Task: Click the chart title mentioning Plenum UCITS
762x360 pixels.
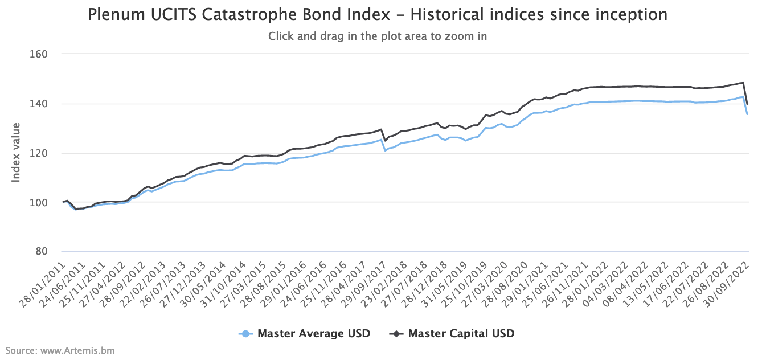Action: pyautogui.click(x=378, y=14)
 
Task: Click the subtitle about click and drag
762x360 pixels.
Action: pyautogui.click(x=378, y=36)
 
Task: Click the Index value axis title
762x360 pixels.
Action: pyautogui.click(x=16, y=153)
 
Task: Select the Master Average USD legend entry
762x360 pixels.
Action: pyautogui.click(x=313, y=334)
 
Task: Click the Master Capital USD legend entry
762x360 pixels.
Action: pyautogui.click(x=461, y=334)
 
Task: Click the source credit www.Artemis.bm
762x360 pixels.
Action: pyautogui.click(x=60, y=350)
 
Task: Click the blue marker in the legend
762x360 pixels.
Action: pyautogui.click(x=245, y=334)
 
